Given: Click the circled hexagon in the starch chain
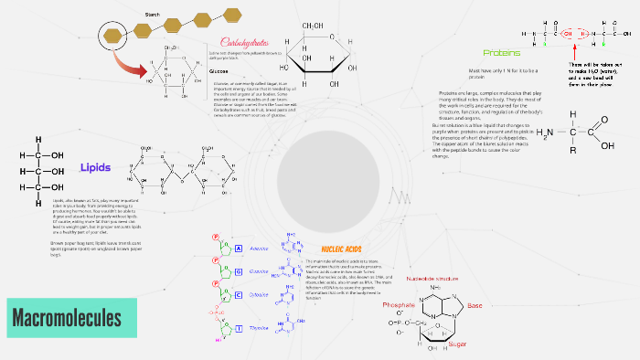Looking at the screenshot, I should tap(114, 36).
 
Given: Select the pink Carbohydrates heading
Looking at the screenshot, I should tap(246, 42).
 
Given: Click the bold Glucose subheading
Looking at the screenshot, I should tap(219, 71).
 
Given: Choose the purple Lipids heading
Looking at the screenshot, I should tap(95, 167).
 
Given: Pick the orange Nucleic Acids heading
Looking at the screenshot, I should tap(342, 249).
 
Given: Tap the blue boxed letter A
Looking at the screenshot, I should tap(238, 249).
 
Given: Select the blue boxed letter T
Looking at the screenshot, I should tap(238, 326).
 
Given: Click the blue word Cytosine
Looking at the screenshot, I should tap(259, 294).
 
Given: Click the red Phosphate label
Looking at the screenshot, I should tap(399, 304).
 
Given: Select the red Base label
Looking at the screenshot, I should tap(475, 305).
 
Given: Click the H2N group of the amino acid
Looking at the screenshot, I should tap(545, 133).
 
